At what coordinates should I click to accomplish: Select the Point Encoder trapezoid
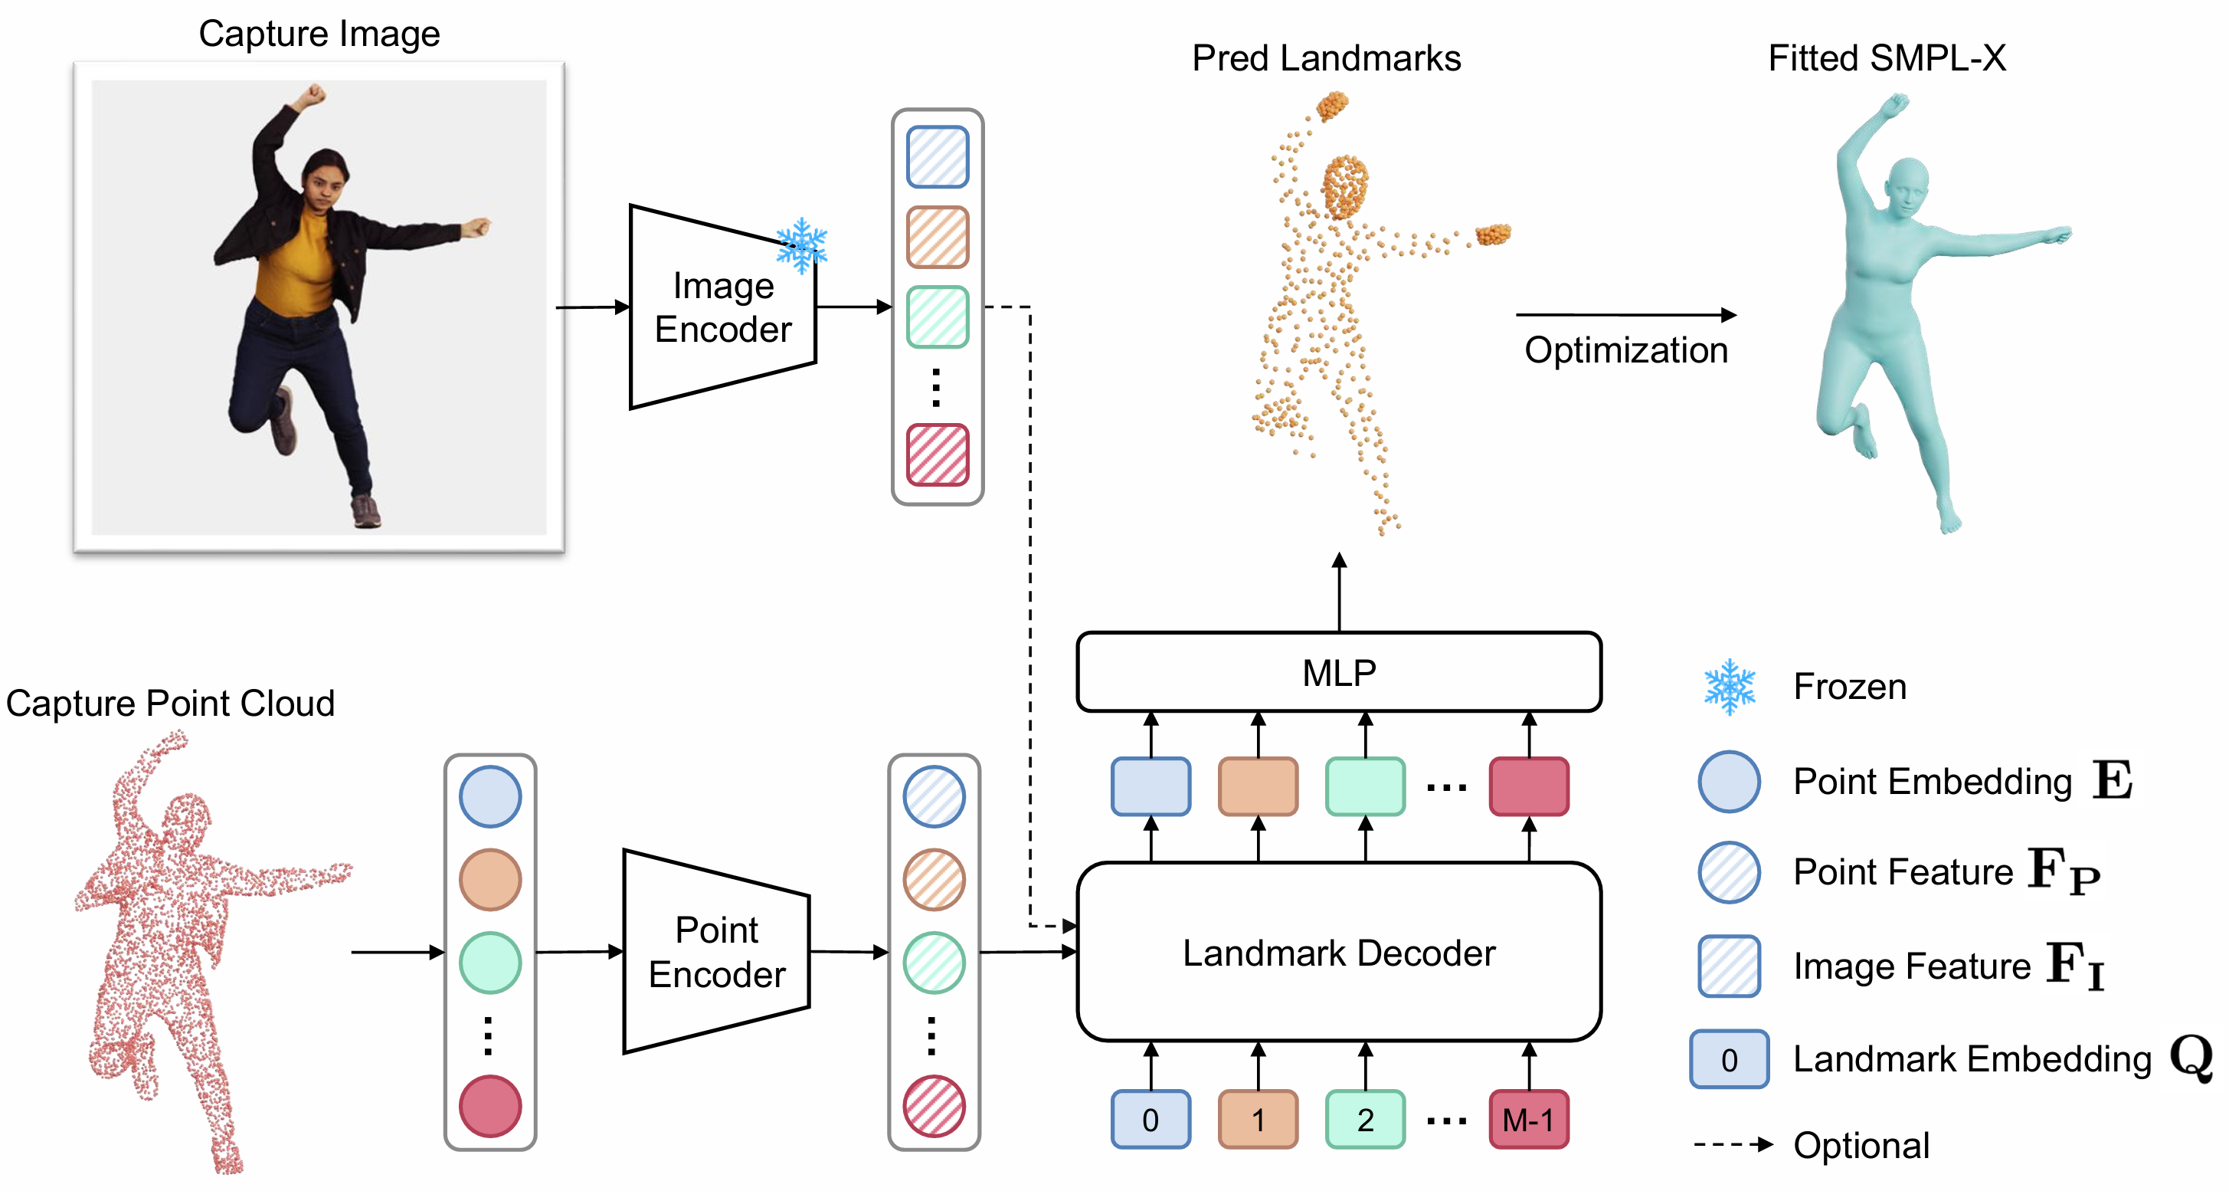(716, 952)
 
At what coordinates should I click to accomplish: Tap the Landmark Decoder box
(1339, 952)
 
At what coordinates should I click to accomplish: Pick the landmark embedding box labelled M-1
(1529, 1119)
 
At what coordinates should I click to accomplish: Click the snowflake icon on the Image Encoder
(802, 245)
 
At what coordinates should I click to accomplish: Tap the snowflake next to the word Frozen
(1729, 687)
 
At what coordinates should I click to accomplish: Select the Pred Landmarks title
(1326, 59)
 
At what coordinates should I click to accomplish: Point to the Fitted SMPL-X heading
(1887, 59)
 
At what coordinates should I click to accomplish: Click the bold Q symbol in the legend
(2191, 1057)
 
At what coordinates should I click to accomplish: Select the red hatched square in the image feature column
(937, 454)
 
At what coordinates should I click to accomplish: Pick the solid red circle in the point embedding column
(489, 1105)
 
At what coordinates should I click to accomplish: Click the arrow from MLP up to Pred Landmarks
(1340, 593)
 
